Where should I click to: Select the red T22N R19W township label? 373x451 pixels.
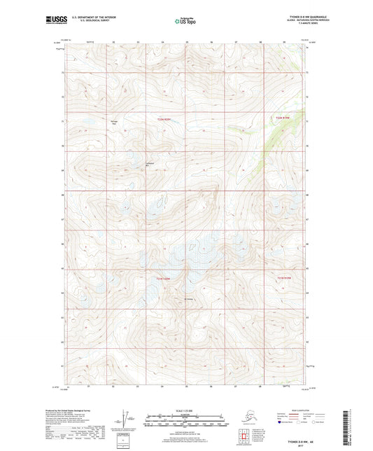tap(281, 118)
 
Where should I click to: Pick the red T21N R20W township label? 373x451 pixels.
tap(164, 279)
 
